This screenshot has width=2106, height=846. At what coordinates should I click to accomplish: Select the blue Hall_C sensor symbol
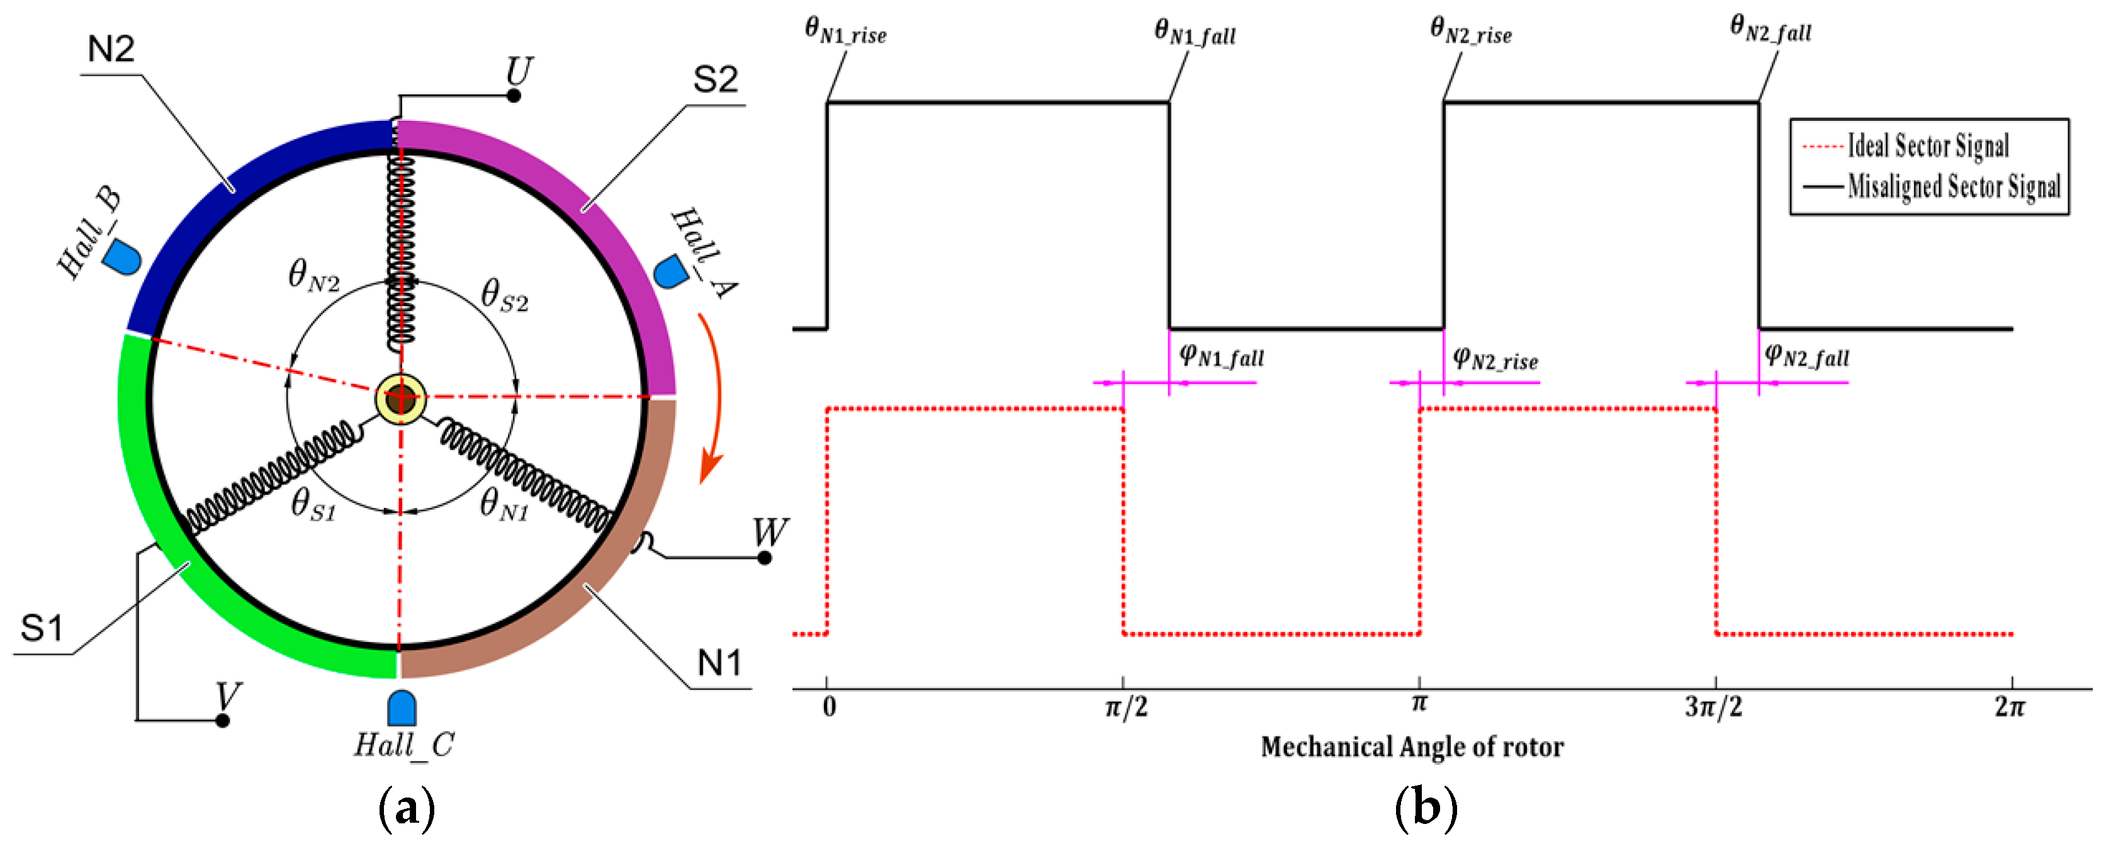point(402,708)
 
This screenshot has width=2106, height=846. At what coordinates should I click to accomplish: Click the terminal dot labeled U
point(514,96)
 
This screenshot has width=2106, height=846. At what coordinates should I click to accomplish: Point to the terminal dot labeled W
point(764,558)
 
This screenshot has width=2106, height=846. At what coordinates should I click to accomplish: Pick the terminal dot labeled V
point(222,720)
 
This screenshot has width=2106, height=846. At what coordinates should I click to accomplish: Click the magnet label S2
point(716,79)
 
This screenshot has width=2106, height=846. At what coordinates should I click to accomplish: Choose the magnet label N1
point(719,662)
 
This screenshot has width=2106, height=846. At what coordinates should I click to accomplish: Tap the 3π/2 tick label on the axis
point(1714,706)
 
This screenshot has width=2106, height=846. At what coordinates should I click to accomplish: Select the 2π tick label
point(2010,706)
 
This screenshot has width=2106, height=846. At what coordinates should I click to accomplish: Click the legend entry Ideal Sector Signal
point(1927,145)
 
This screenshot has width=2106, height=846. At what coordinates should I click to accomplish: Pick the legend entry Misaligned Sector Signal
point(1953,186)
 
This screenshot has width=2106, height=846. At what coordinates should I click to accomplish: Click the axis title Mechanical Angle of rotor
point(1412,747)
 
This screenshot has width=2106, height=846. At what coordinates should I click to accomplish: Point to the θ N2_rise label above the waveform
point(1470,31)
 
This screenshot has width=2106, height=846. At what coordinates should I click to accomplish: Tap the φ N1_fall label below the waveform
point(1222,356)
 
